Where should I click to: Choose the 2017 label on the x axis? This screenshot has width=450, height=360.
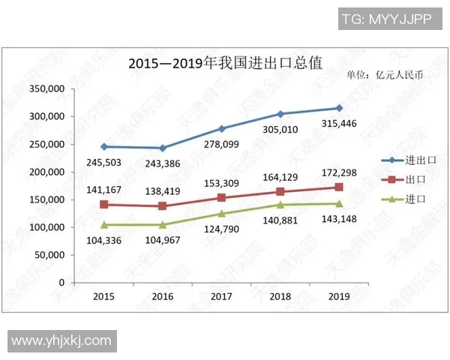(221, 296)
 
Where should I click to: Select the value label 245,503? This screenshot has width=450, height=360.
(104, 162)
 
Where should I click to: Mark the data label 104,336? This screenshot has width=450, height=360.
(104, 240)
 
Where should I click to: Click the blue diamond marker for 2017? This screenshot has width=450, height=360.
(221, 129)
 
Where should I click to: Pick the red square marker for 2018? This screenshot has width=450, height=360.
(280, 192)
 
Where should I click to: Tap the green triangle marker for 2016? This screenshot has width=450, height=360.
(163, 224)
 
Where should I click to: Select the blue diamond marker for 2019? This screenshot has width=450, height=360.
(339, 108)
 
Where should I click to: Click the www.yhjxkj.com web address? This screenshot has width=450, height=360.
(61, 340)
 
